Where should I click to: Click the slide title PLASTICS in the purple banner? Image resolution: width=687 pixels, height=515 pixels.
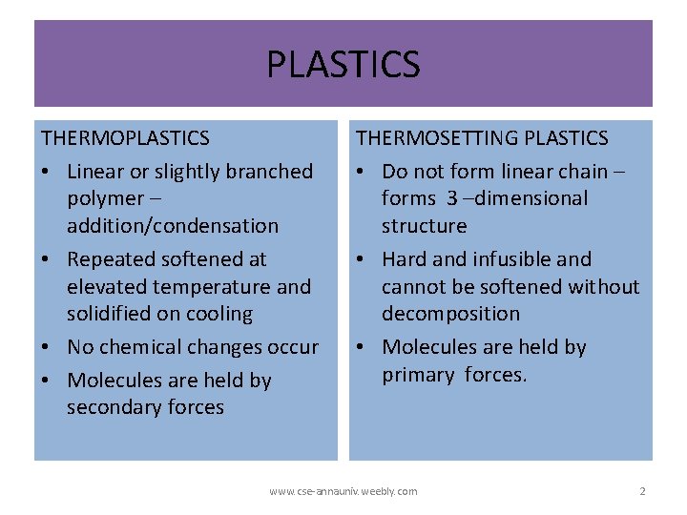tap(343, 65)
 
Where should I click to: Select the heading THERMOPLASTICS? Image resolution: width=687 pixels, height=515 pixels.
tap(125, 138)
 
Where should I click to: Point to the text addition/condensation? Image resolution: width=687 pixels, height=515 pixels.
tap(173, 226)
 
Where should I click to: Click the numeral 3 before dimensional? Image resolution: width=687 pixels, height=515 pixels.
tap(452, 198)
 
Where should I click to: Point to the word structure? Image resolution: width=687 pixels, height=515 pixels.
tap(424, 226)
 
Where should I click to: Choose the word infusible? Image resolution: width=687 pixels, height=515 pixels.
tap(516, 259)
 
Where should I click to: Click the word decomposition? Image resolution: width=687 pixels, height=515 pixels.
tap(450, 314)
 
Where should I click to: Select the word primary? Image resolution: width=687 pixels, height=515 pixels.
tap(418, 375)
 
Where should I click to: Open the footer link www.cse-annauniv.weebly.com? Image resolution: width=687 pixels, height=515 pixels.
tap(343, 491)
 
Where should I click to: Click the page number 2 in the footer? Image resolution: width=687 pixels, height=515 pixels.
tap(642, 491)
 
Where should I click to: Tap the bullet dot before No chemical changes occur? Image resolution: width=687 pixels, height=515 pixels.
tap(48, 348)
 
